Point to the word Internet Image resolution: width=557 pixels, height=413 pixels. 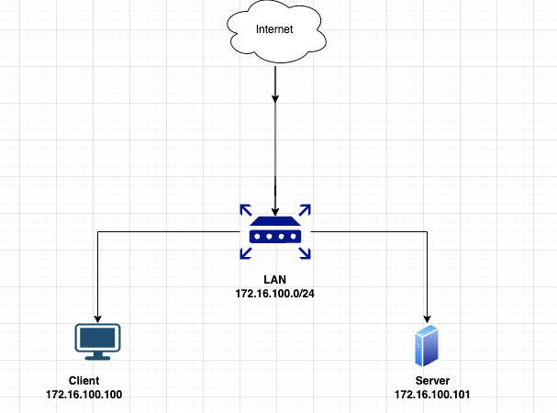[x=274, y=29]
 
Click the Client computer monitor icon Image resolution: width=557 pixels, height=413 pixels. [x=97, y=340]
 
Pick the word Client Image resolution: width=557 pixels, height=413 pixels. [x=84, y=380]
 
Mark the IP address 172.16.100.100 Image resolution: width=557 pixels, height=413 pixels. [x=84, y=395]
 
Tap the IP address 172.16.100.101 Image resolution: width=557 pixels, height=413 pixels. [x=431, y=395]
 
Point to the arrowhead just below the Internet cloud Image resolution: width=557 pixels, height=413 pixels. [x=275, y=97]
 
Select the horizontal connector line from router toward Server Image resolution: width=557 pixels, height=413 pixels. [x=367, y=233]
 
